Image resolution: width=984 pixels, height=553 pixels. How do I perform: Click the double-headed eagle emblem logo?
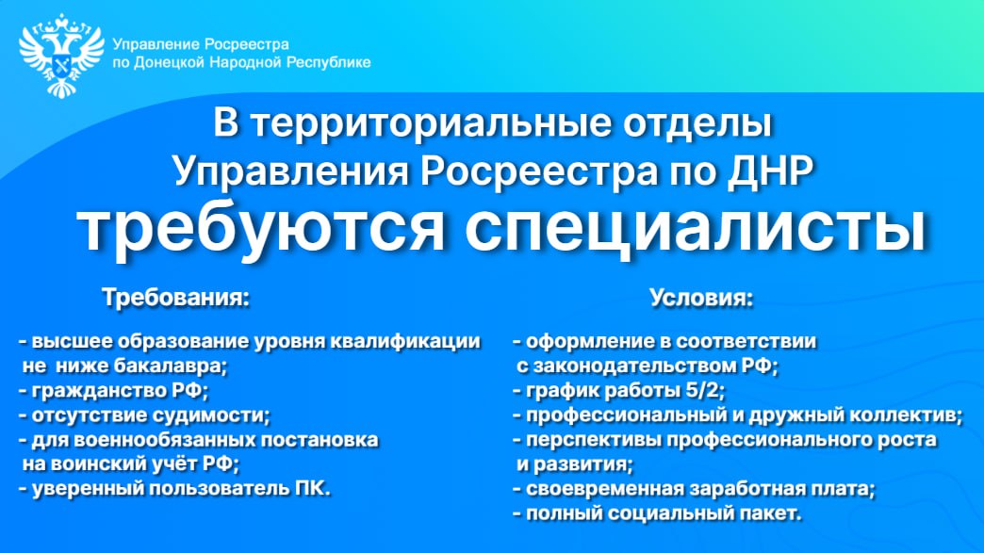61,56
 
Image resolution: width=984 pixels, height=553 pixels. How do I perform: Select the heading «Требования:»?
175,297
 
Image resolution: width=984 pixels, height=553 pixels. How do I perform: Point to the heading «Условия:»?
701,297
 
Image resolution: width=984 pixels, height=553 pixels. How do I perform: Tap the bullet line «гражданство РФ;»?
114,391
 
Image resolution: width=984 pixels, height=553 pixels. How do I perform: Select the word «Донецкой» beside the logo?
170,63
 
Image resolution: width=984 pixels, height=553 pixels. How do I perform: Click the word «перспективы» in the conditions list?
593,440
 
